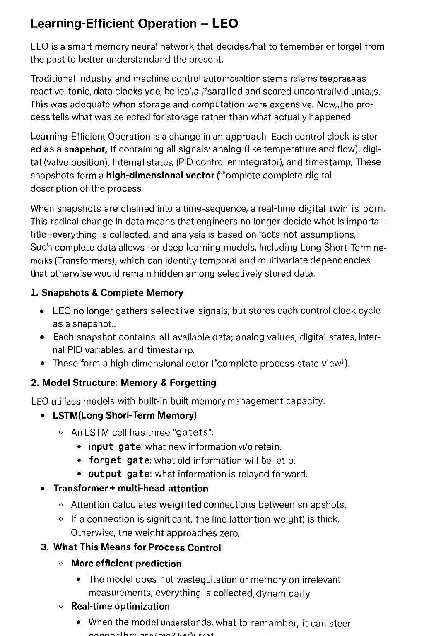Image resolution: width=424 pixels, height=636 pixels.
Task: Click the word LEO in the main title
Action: click(225, 24)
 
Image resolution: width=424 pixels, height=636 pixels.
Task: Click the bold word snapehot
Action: click(86, 149)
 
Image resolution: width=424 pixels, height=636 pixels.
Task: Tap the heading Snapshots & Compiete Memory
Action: click(112, 293)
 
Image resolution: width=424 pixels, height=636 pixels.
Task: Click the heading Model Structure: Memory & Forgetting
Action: click(123, 383)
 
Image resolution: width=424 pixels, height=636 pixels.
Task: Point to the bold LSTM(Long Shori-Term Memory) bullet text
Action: click(125, 415)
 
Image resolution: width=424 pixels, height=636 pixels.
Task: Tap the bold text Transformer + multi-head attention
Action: click(131, 489)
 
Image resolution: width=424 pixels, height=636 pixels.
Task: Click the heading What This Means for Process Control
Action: click(137, 547)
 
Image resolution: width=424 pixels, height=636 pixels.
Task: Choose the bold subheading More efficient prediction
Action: click(126, 564)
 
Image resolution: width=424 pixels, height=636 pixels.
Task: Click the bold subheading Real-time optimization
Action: click(120, 606)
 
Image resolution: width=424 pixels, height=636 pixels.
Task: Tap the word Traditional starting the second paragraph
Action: click(53, 79)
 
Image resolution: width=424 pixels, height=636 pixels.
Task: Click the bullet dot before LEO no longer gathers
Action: click(43, 311)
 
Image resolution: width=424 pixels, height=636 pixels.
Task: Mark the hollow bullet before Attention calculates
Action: click(61, 505)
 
